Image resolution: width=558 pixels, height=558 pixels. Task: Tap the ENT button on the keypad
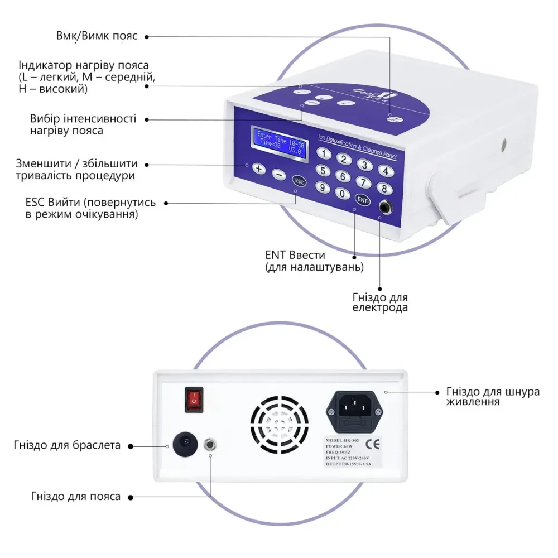tap(363, 200)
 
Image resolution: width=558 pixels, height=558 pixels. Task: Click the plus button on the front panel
tap(258, 168)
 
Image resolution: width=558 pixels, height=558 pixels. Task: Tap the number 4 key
tap(384, 170)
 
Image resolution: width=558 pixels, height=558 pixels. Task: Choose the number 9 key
tap(321, 187)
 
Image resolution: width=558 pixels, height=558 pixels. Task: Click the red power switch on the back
tap(193, 400)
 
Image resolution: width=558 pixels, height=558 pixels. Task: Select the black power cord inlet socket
tap(355, 408)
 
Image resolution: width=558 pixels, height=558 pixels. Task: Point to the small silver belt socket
tap(211, 445)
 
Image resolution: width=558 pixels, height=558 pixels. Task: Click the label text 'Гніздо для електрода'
tap(380, 302)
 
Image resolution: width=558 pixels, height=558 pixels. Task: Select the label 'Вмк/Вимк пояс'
tap(97, 36)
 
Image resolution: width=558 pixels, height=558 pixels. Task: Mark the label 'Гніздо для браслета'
tap(67, 445)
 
